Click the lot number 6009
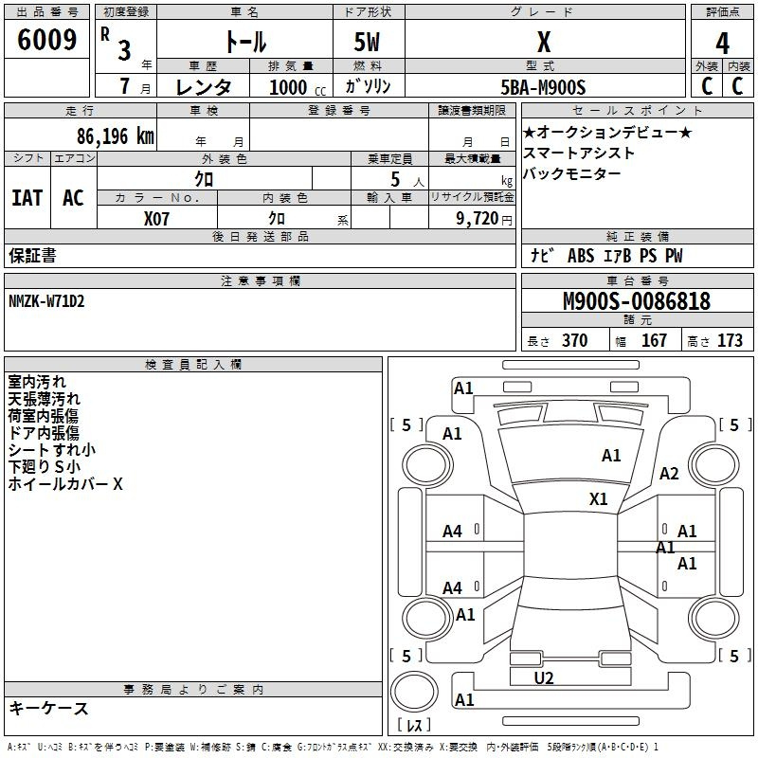(x=46, y=40)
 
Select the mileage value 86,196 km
(x=115, y=136)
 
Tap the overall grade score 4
(x=722, y=44)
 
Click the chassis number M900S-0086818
(x=637, y=301)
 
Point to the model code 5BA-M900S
(x=543, y=87)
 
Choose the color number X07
(x=156, y=219)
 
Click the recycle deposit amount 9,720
(x=478, y=219)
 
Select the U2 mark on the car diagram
(x=544, y=678)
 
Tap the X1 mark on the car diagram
(x=599, y=499)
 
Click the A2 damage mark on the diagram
(x=669, y=474)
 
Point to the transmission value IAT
(x=27, y=198)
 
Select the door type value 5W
(x=367, y=42)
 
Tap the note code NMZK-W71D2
(x=46, y=301)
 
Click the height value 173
(x=730, y=340)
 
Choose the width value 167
(x=654, y=340)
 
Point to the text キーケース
(x=48, y=708)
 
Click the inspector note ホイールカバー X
(x=65, y=484)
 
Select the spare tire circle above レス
(x=414, y=692)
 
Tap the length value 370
(x=575, y=340)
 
